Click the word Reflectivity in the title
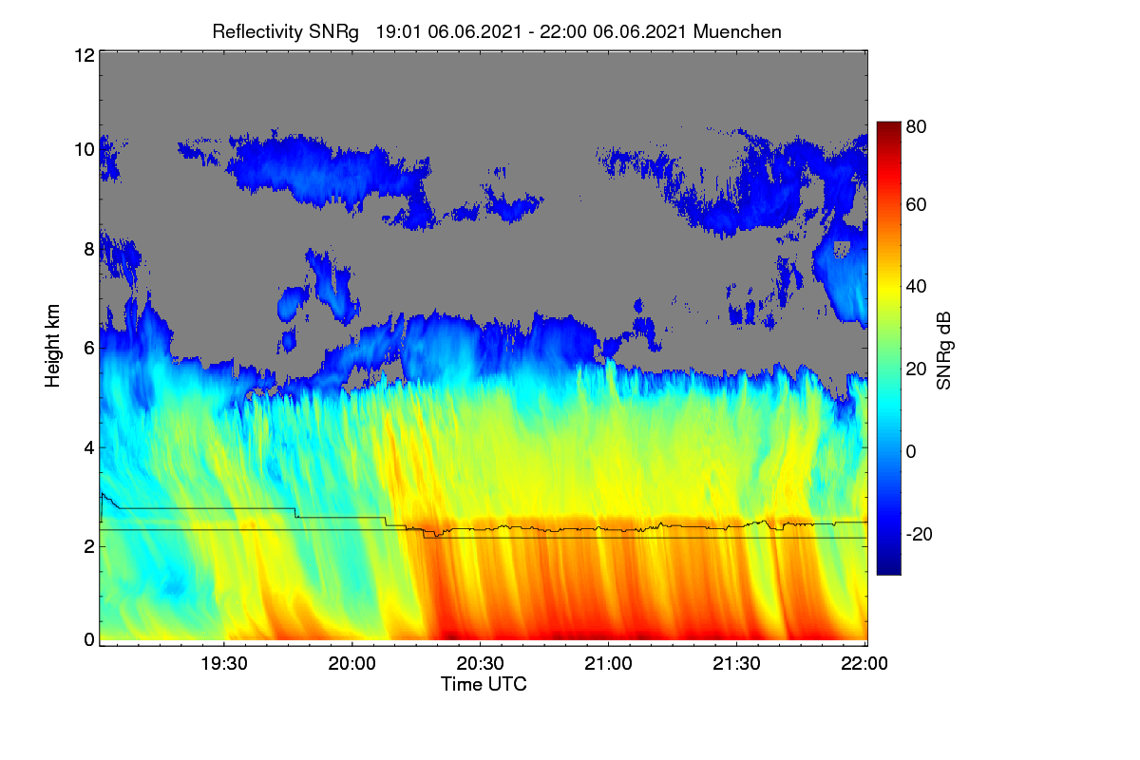pos(257,32)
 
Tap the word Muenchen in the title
pos(737,31)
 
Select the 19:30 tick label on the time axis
pos(224,664)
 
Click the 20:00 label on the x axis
pos(352,664)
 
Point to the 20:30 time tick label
pos(480,664)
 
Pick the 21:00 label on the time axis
pos(608,664)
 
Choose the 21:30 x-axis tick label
pos(736,664)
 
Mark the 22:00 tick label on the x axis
pos(864,664)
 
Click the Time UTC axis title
pos(484,685)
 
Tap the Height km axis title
pos(52,346)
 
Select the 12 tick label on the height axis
pos(85,55)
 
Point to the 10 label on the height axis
pos(85,150)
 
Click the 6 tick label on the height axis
pos(89,349)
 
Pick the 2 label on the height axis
pos(89,546)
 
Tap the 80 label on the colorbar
pos(916,126)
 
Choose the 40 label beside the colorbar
pos(916,287)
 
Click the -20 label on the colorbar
pos(920,535)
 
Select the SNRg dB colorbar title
pos(944,351)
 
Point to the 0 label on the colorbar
pos(911,451)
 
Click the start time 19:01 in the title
pos(398,32)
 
